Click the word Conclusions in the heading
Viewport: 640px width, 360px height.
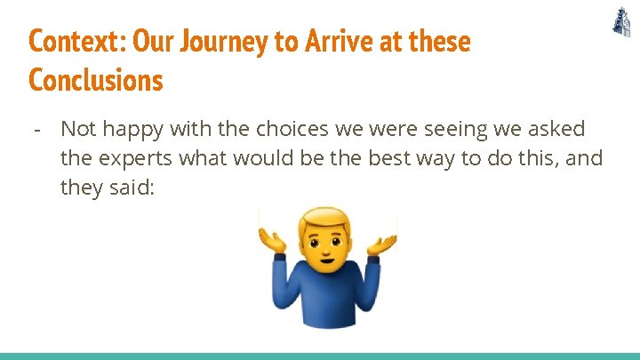pyautogui.click(x=96, y=80)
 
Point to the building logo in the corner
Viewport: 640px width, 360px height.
pyautogui.click(x=621, y=22)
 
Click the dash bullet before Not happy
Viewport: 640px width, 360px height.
pyautogui.click(x=36, y=130)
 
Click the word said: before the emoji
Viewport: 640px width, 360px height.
pyautogui.click(x=130, y=188)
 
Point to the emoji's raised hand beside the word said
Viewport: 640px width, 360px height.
pyautogui.click(x=272, y=240)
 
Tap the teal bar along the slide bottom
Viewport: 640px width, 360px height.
pyautogui.click(x=320, y=356)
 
